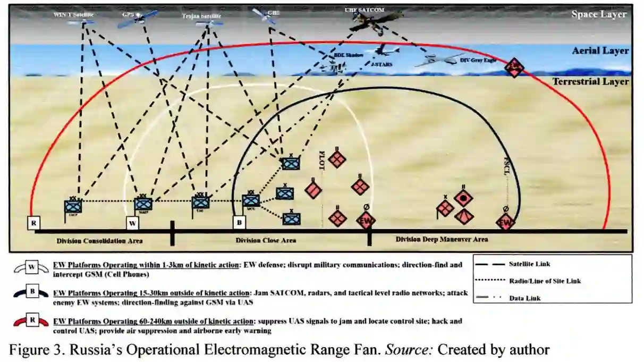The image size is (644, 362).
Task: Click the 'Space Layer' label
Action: click(x=599, y=14)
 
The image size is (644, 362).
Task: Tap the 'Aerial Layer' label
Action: click(x=600, y=51)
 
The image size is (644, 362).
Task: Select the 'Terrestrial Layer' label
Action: click(x=590, y=82)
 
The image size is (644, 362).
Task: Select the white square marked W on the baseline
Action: click(x=132, y=223)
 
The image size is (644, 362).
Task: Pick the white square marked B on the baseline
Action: click(x=240, y=222)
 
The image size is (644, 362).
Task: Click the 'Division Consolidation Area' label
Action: click(x=99, y=241)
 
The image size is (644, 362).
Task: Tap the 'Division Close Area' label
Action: click(x=266, y=241)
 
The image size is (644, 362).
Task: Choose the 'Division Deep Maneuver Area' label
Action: click(x=442, y=240)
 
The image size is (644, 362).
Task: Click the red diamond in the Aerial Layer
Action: click(x=514, y=67)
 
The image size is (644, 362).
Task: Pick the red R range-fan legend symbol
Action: click(x=31, y=322)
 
